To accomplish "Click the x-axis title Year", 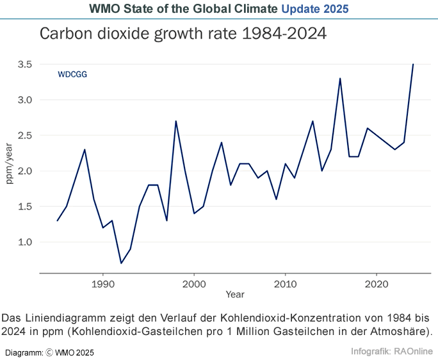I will click(234, 295).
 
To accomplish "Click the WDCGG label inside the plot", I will click(72, 74).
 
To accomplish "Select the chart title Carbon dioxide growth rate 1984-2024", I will click(183, 34).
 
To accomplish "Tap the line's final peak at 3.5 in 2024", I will click(413, 64).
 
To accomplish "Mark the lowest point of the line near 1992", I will click(121, 263).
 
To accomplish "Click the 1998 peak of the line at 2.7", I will click(175, 121).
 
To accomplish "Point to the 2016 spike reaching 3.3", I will click(340, 78).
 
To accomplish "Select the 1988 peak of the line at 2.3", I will click(85, 149).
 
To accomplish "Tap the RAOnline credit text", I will click(410, 351).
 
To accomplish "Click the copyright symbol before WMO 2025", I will click(49, 352).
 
